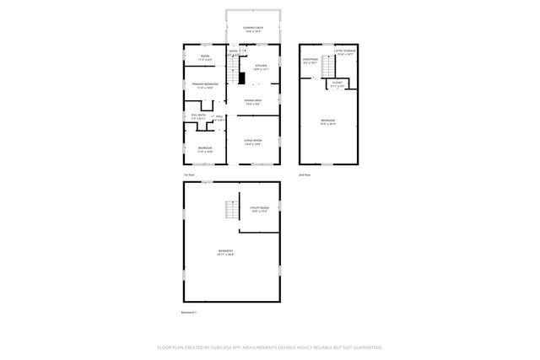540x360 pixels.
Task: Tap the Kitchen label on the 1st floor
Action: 262,67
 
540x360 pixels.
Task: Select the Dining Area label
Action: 253,102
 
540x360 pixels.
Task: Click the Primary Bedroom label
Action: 205,85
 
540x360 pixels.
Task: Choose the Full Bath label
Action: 198,116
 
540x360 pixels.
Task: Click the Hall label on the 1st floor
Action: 219,118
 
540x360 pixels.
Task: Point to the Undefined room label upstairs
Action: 310,61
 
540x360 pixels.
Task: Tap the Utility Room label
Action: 259,208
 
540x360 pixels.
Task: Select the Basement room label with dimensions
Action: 226,253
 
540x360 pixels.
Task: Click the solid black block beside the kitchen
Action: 240,78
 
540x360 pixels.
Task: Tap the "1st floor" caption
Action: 189,175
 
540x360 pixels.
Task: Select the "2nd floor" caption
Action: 305,175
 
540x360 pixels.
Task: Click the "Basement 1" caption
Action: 189,312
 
